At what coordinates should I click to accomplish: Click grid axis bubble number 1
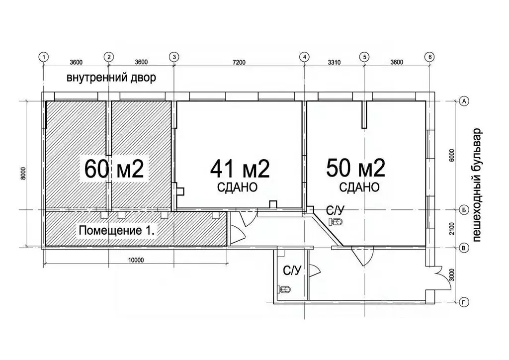click(x=44, y=57)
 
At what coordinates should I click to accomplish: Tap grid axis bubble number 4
click(x=305, y=57)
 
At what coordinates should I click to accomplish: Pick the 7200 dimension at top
click(x=239, y=62)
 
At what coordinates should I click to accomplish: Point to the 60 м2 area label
click(x=114, y=170)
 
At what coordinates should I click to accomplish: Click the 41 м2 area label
click(x=240, y=170)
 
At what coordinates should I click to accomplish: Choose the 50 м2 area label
click(x=356, y=169)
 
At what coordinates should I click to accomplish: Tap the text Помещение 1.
click(x=117, y=231)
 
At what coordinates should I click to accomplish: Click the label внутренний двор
click(x=112, y=78)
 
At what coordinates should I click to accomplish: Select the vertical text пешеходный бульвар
click(x=478, y=185)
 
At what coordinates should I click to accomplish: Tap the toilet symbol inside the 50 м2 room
click(x=338, y=221)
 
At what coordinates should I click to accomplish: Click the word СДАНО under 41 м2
click(x=237, y=187)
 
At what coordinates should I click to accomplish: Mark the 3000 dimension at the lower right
click(x=452, y=274)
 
